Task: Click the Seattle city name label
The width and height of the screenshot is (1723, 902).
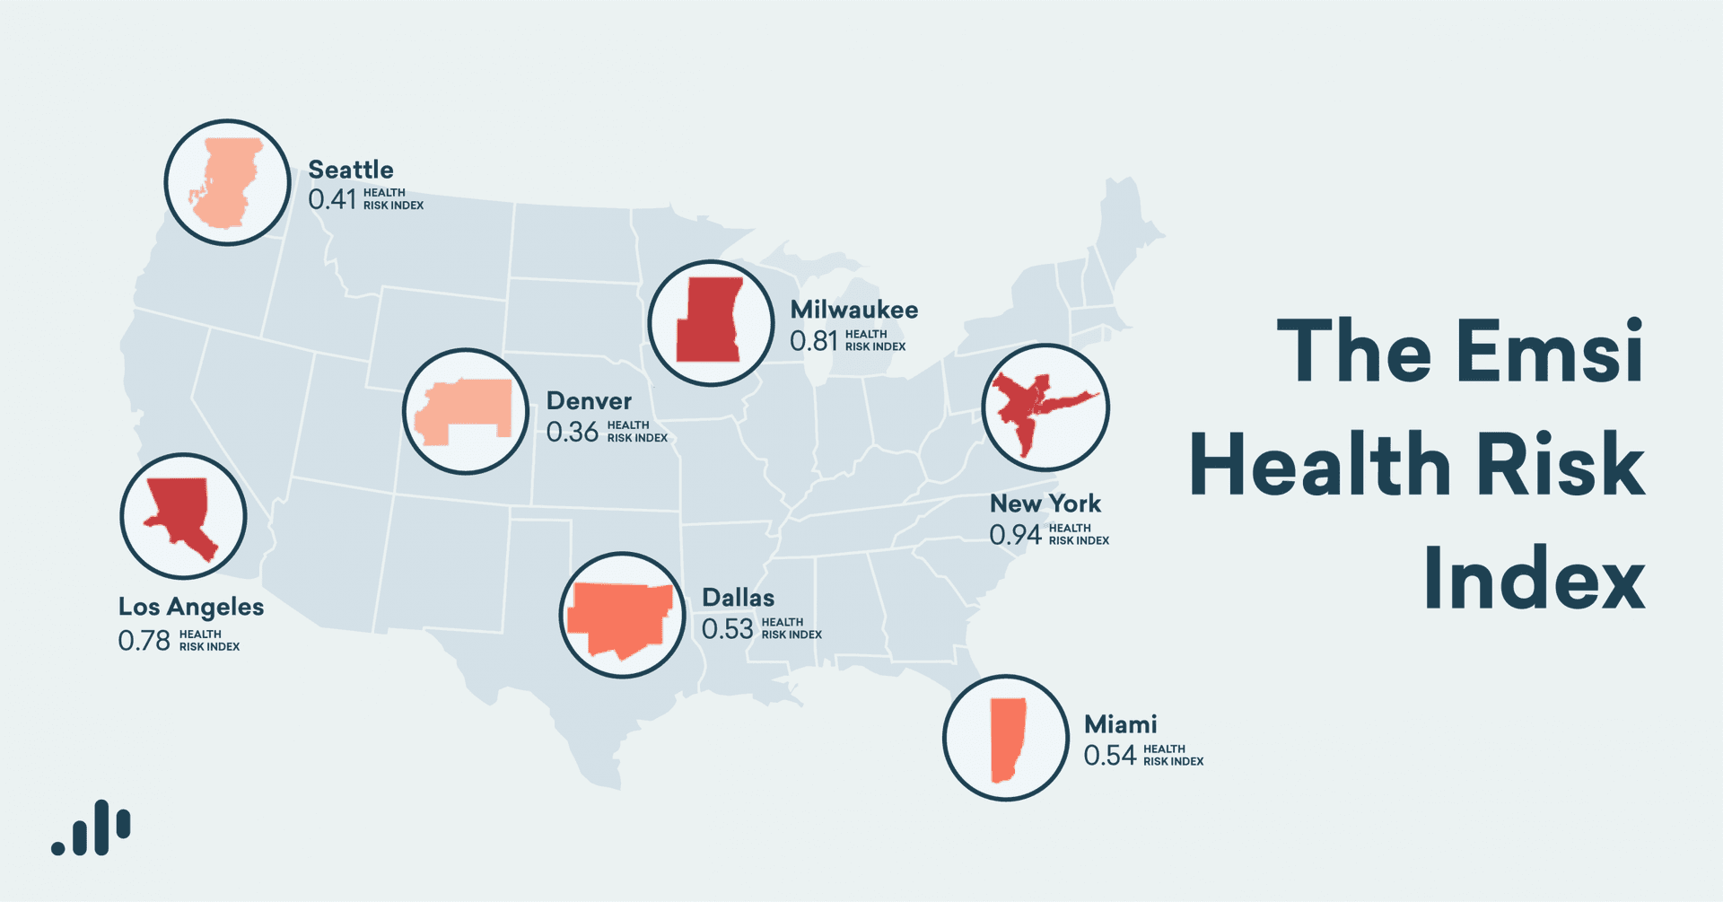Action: (350, 170)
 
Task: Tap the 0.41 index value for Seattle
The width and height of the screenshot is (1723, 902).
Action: (332, 199)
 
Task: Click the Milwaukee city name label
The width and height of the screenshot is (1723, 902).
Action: (853, 310)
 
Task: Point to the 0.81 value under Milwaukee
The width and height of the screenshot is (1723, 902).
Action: (813, 341)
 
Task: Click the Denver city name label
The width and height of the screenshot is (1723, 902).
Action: (589, 401)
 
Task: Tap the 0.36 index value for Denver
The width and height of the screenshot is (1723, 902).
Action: (572, 433)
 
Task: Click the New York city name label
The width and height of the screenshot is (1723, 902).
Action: (1045, 504)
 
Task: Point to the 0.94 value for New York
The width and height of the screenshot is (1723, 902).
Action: (1015, 535)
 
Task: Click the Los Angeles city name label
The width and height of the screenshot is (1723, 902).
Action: (191, 607)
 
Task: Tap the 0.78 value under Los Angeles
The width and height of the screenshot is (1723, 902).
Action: (144, 641)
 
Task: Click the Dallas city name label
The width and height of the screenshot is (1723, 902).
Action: (738, 598)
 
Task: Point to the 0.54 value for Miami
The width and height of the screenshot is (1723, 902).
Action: (1109, 756)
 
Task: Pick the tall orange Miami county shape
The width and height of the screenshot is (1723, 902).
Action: (1007, 739)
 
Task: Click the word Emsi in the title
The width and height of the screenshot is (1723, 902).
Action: (1550, 352)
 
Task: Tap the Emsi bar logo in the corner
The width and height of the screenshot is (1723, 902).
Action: (92, 828)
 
